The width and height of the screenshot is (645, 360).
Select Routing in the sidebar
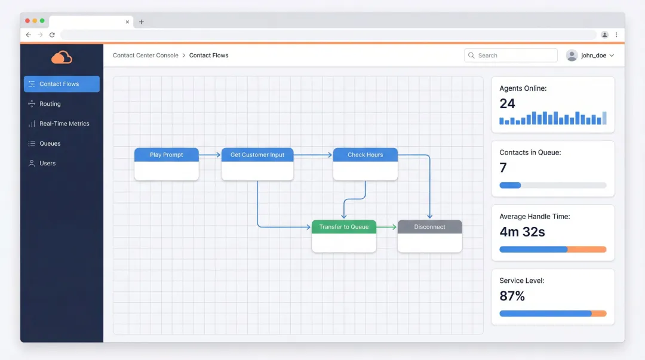pyautogui.click(x=50, y=104)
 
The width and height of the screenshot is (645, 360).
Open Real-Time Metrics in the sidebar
pyautogui.click(x=64, y=124)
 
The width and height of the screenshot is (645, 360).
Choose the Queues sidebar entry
pyautogui.click(x=50, y=143)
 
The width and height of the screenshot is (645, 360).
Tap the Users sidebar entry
pyautogui.click(x=47, y=163)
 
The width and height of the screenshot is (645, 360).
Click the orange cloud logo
pyautogui.click(x=62, y=57)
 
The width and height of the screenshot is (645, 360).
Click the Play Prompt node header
pyautogui.click(x=166, y=155)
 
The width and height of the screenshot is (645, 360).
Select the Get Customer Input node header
pyautogui.click(x=257, y=155)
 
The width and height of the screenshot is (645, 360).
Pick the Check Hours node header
pyautogui.click(x=365, y=155)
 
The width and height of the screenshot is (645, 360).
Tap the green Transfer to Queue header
pyautogui.click(x=343, y=227)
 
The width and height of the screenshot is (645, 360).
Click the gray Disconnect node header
pyautogui.click(x=429, y=227)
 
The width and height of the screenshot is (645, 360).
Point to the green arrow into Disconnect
pyautogui.click(x=387, y=227)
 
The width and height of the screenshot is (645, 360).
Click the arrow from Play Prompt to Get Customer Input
pyautogui.click(x=210, y=155)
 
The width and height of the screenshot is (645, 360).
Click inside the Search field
pyautogui.click(x=514, y=56)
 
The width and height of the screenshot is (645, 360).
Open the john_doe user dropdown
pyautogui.click(x=591, y=56)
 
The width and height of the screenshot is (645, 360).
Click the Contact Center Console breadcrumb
pyautogui.click(x=146, y=56)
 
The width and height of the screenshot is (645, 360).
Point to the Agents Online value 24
pyautogui.click(x=507, y=103)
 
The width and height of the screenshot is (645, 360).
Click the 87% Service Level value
pyautogui.click(x=512, y=296)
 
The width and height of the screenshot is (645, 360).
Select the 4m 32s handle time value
pyautogui.click(x=522, y=232)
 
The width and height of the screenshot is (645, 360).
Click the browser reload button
pyautogui.click(x=52, y=35)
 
